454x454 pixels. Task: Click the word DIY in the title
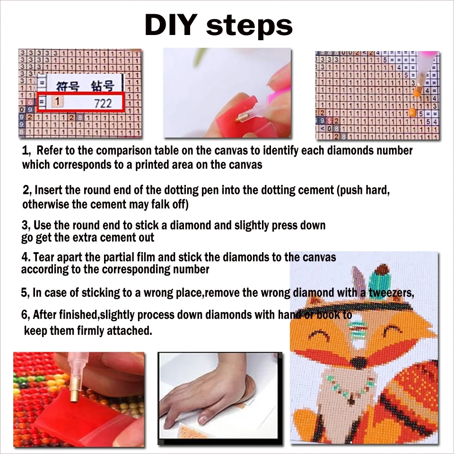coord(171,25)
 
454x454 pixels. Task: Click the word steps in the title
coord(249,26)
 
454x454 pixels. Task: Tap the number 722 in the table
coord(103,103)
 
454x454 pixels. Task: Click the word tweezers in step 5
coord(391,293)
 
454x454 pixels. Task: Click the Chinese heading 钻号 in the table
coord(102,86)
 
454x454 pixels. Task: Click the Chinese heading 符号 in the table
coord(68,86)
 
